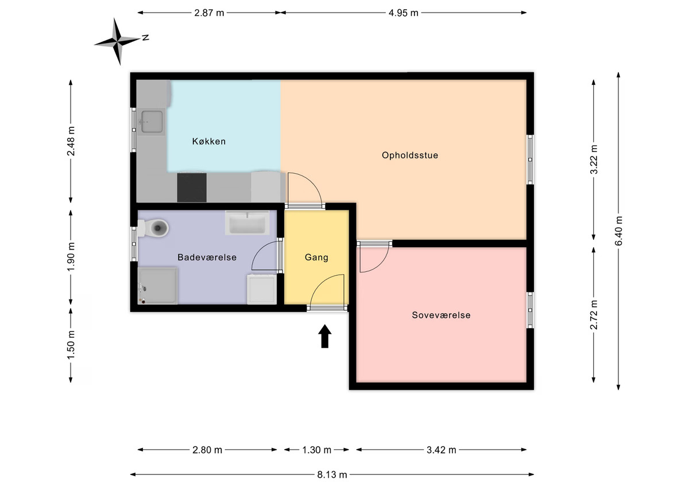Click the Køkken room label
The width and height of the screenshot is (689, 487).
point(209,141)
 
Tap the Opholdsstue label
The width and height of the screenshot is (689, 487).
point(410,155)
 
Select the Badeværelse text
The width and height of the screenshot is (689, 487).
point(207,257)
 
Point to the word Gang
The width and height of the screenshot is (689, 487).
point(316,258)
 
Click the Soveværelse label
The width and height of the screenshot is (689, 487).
point(441,315)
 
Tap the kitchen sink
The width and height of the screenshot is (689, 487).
point(152,122)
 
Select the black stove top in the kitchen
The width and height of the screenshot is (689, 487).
point(192,188)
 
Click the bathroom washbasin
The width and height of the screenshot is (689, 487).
point(247,223)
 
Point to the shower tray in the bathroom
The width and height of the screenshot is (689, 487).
point(157,286)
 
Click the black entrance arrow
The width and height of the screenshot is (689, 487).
point(325,336)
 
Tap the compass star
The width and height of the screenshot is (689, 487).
point(117,41)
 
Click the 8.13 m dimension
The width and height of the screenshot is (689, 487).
point(332,475)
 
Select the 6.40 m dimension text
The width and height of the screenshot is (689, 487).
point(618,231)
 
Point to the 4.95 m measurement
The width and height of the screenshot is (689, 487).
point(403,13)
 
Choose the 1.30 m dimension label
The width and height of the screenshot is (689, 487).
point(316,450)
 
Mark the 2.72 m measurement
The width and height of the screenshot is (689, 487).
point(593,315)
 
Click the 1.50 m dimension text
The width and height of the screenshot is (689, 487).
point(71,345)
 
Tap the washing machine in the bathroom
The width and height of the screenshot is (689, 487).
point(262,289)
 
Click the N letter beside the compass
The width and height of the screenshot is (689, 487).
point(145,37)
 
